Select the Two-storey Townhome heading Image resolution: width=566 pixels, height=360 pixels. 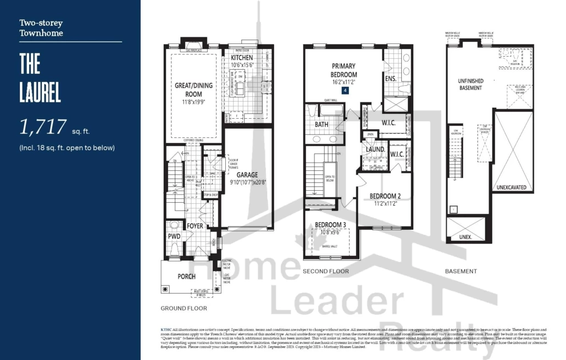(41, 28)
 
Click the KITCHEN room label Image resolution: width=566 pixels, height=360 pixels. (242, 58)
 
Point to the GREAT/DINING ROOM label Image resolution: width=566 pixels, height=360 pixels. (194, 90)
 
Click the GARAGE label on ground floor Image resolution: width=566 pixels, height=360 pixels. (247, 175)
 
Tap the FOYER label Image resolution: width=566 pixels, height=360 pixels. (195, 226)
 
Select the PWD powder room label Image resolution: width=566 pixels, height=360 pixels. (174, 236)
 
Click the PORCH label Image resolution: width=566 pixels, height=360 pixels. (186, 276)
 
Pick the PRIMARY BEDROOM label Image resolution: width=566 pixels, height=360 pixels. (343, 70)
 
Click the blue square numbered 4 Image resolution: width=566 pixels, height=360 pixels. (345, 90)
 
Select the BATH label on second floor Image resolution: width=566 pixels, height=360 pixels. (321, 125)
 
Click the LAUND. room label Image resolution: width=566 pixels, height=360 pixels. (375, 149)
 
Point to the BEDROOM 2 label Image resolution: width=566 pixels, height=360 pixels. (385, 196)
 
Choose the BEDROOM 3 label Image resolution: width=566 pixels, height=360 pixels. (330, 225)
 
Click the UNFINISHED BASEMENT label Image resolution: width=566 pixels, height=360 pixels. (470, 84)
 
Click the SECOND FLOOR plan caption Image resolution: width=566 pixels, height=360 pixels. (325, 272)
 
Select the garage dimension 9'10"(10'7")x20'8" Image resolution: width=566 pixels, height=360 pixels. (247, 182)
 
